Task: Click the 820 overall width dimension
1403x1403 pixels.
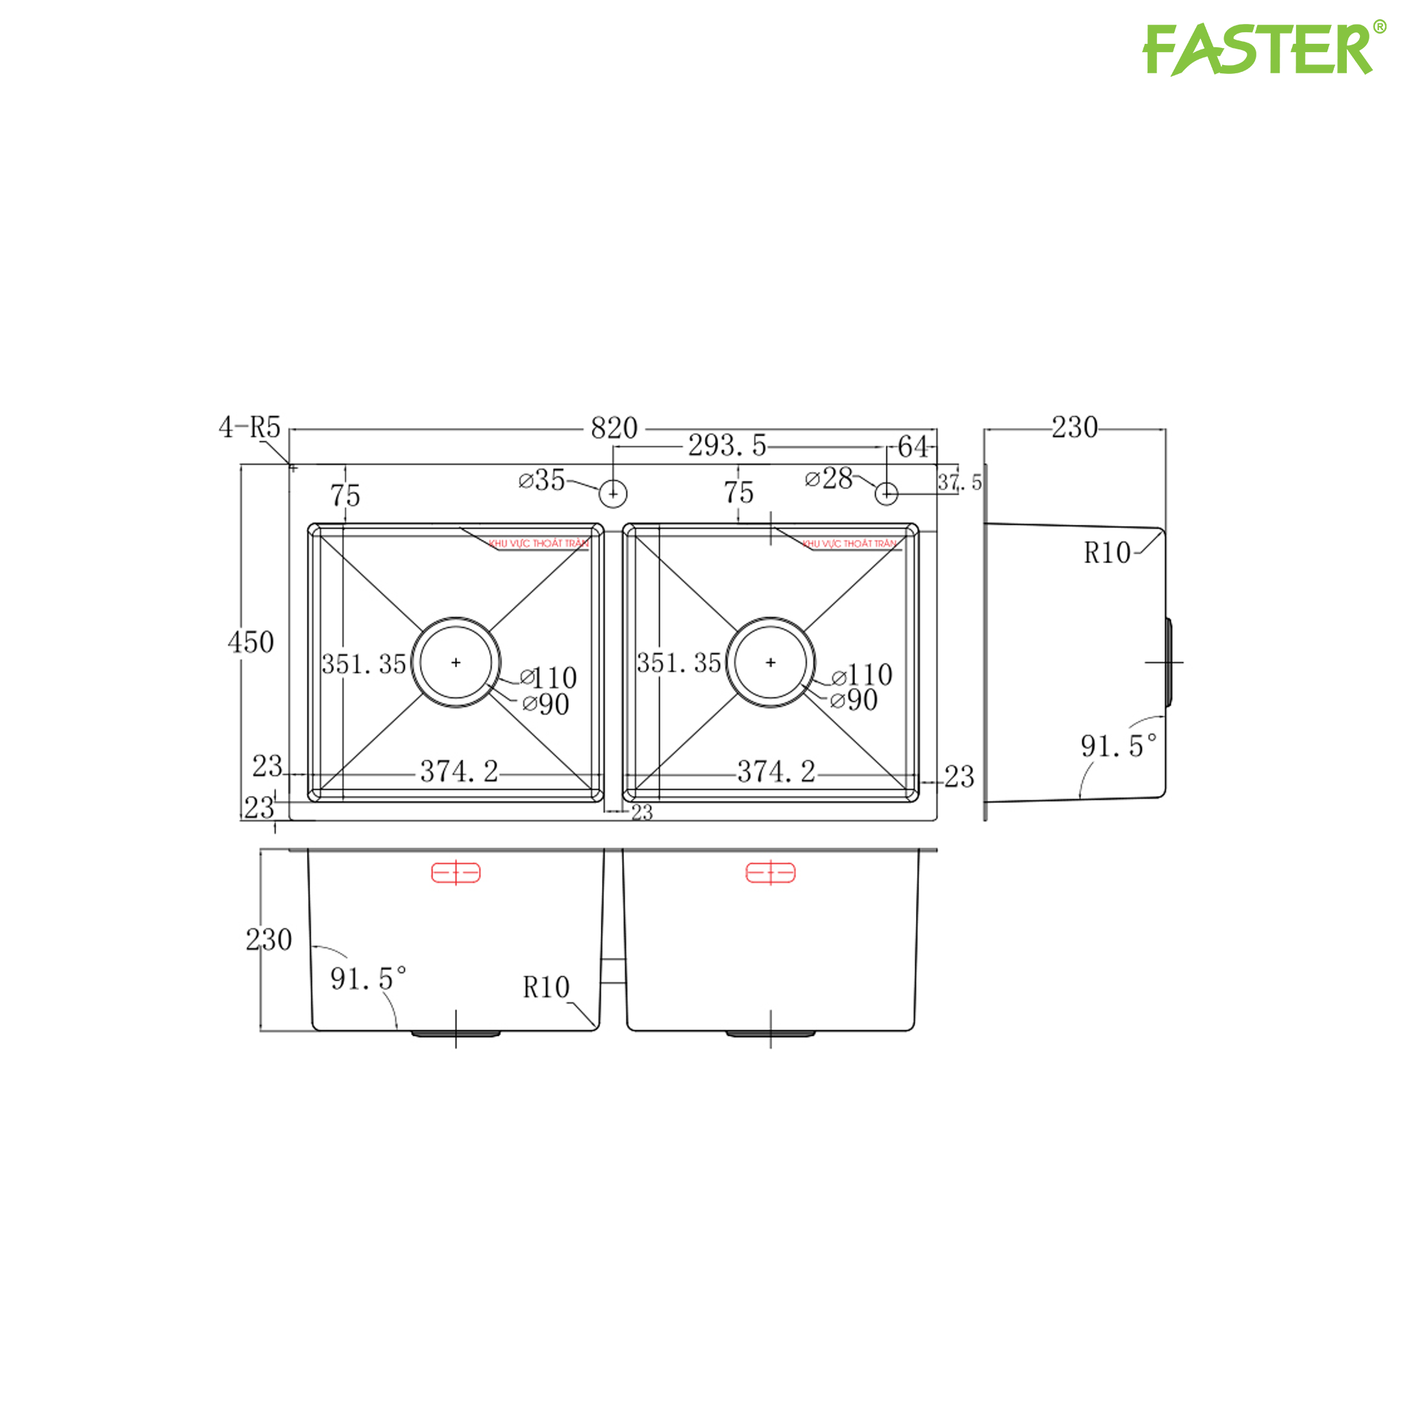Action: tap(614, 428)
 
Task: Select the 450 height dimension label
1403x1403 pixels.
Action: tap(251, 643)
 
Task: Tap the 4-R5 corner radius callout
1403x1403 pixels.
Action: tap(249, 427)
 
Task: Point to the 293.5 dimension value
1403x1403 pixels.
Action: tap(727, 446)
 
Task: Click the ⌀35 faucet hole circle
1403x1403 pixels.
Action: tap(613, 494)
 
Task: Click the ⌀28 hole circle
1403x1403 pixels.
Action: tap(886, 494)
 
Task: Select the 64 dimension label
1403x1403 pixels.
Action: tap(912, 447)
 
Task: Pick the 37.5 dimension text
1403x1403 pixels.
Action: tap(959, 482)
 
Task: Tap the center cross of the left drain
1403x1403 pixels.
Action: tap(456, 662)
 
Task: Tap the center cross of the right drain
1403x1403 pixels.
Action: tap(771, 662)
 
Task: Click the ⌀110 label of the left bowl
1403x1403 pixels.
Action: tap(549, 678)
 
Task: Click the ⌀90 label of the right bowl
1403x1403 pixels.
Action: tap(854, 701)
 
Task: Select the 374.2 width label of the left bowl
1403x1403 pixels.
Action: tap(459, 772)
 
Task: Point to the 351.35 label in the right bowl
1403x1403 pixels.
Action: tap(679, 663)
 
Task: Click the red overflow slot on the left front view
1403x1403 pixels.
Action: tap(456, 872)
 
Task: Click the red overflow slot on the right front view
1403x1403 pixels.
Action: tap(771, 872)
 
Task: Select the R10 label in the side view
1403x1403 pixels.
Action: tap(1108, 554)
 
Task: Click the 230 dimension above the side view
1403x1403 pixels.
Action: tap(1075, 427)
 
